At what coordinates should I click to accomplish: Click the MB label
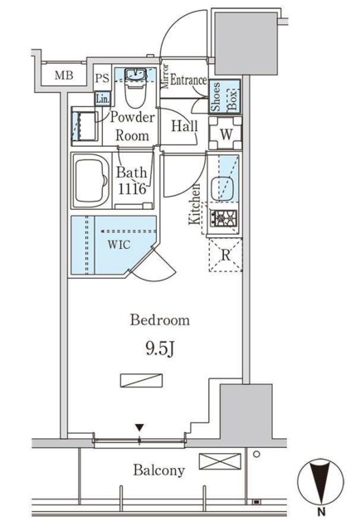(64, 76)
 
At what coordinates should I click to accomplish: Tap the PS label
(102, 79)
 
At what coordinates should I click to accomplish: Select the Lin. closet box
(102, 100)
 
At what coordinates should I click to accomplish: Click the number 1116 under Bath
(132, 189)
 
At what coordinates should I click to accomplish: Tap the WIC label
(119, 245)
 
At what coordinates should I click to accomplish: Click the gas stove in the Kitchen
(223, 218)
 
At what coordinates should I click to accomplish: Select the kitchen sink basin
(223, 188)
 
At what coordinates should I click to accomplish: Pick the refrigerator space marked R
(226, 255)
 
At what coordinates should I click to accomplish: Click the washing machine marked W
(226, 133)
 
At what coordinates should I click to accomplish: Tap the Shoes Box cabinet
(224, 96)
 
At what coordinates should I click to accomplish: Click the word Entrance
(188, 80)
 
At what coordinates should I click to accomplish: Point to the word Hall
(184, 126)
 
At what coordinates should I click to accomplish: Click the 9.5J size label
(160, 349)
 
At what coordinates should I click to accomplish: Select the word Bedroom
(160, 320)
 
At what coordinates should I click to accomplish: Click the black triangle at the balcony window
(139, 427)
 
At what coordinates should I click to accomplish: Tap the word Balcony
(158, 470)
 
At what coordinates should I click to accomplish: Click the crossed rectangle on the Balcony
(220, 461)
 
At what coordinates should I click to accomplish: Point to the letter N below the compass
(321, 512)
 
